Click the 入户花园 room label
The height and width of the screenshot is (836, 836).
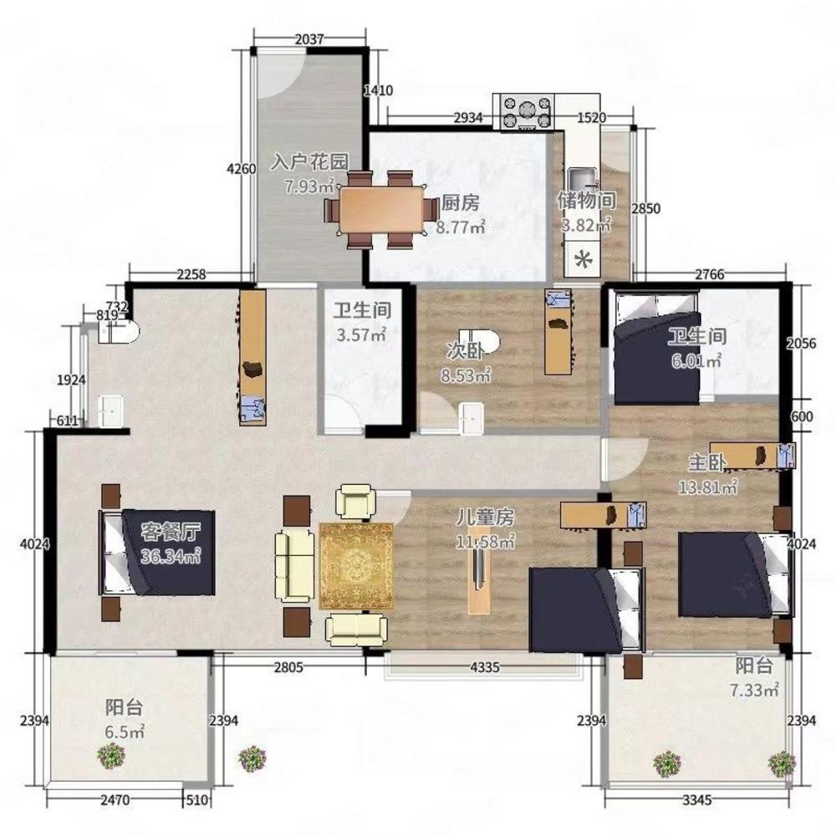click(x=310, y=161)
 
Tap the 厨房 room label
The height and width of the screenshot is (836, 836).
click(x=461, y=202)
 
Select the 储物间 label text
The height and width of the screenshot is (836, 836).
click(x=587, y=201)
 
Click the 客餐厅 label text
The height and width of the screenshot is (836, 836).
click(x=171, y=532)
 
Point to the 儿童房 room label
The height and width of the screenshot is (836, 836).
click(x=485, y=517)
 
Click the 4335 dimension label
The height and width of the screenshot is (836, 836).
click(x=485, y=666)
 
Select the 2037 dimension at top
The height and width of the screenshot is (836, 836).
click(x=309, y=39)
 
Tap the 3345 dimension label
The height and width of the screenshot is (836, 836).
click(x=697, y=800)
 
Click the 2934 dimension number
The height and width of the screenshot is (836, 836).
click(x=468, y=118)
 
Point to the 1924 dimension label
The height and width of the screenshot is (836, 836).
click(x=71, y=380)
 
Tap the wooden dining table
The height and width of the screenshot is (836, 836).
click(x=382, y=209)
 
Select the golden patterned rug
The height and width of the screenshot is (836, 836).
click(x=356, y=566)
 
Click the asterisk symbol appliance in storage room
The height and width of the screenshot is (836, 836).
click(x=584, y=261)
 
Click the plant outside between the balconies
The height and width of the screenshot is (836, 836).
click(x=252, y=758)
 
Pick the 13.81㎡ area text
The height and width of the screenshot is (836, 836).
click(x=707, y=487)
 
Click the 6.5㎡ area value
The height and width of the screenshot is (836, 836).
click(x=125, y=731)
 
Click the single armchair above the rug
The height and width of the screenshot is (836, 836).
click(x=355, y=501)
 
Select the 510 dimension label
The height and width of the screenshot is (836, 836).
click(x=196, y=800)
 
